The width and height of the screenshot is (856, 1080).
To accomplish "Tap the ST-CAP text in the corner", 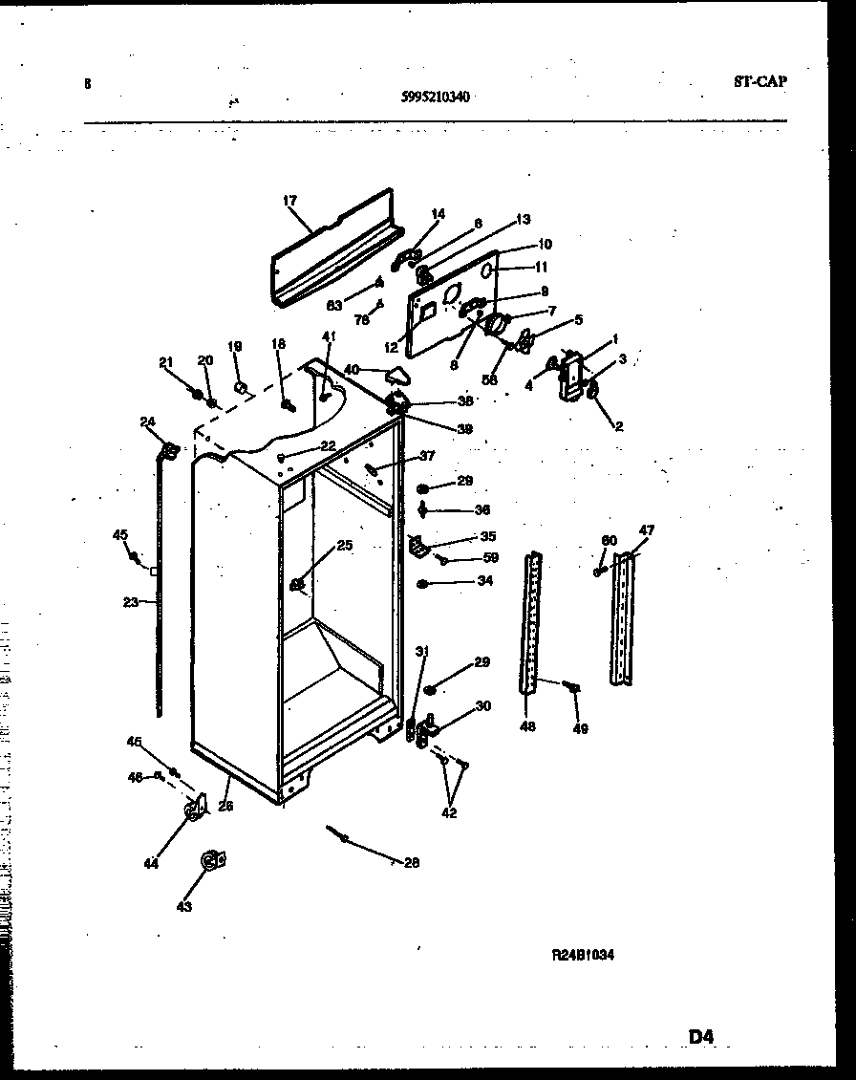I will click(x=760, y=82).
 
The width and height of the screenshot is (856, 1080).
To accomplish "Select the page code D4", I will click(x=700, y=1035).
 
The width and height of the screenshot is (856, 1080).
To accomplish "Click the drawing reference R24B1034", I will click(x=582, y=954).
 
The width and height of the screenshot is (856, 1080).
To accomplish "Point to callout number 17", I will click(x=290, y=202).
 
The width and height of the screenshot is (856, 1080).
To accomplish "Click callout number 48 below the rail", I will click(x=527, y=726).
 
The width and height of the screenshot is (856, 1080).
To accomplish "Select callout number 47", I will click(x=647, y=530).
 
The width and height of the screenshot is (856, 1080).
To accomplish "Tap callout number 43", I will click(x=183, y=906).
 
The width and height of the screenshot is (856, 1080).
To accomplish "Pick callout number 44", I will click(x=150, y=863).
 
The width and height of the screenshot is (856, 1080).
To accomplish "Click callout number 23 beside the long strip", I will click(x=131, y=602).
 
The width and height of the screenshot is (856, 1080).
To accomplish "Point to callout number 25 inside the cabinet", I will click(x=344, y=546).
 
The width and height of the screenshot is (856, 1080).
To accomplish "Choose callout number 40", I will click(x=351, y=369).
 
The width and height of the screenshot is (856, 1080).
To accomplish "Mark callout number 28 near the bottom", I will click(x=411, y=863).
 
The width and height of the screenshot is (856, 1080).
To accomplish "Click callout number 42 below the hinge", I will click(x=448, y=813).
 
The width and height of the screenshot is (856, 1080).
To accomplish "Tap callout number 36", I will click(x=482, y=509).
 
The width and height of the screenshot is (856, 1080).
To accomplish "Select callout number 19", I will click(x=235, y=347).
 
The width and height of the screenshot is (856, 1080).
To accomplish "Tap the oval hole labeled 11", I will click(x=488, y=271).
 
